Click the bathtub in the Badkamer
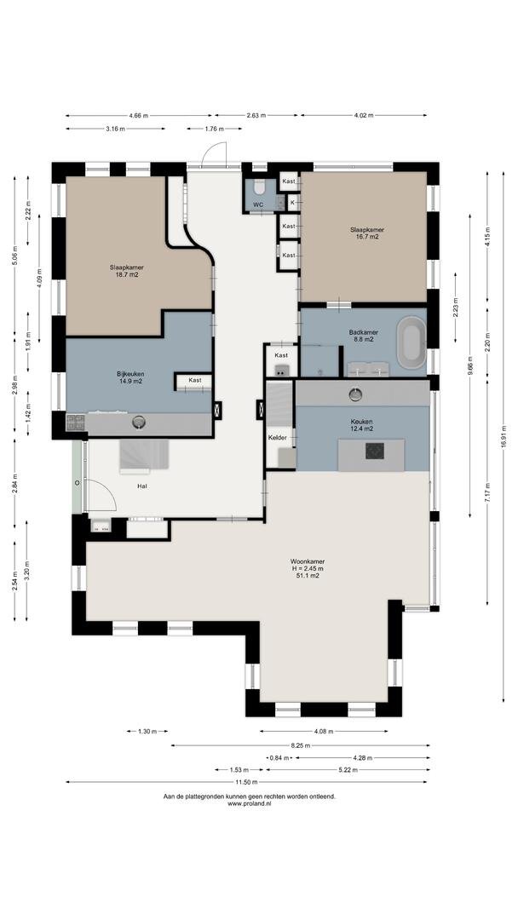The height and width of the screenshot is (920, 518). pyautogui.click(x=412, y=342)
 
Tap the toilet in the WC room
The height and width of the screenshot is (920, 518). pyautogui.click(x=260, y=187)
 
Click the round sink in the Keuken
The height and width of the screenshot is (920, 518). pyautogui.click(x=355, y=395)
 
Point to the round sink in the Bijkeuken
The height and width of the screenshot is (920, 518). pyautogui.click(x=139, y=422)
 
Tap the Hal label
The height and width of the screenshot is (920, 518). pyautogui.click(x=142, y=486)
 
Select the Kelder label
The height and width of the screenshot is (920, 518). pyautogui.click(x=277, y=438)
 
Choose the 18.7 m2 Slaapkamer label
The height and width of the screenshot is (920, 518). pyautogui.click(x=127, y=271)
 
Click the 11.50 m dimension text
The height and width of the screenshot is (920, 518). pyautogui.click(x=246, y=782)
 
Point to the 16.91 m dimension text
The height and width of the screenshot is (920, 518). pyautogui.click(x=504, y=436)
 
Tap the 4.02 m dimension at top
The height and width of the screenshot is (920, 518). pyautogui.click(x=364, y=116)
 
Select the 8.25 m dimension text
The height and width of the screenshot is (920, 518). pyautogui.click(x=301, y=745)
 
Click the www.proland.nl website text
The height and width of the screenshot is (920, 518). pyautogui.click(x=250, y=804)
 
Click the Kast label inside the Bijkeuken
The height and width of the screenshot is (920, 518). pyautogui.click(x=195, y=380)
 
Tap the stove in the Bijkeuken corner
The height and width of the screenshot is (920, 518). pyautogui.click(x=75, y=423)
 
